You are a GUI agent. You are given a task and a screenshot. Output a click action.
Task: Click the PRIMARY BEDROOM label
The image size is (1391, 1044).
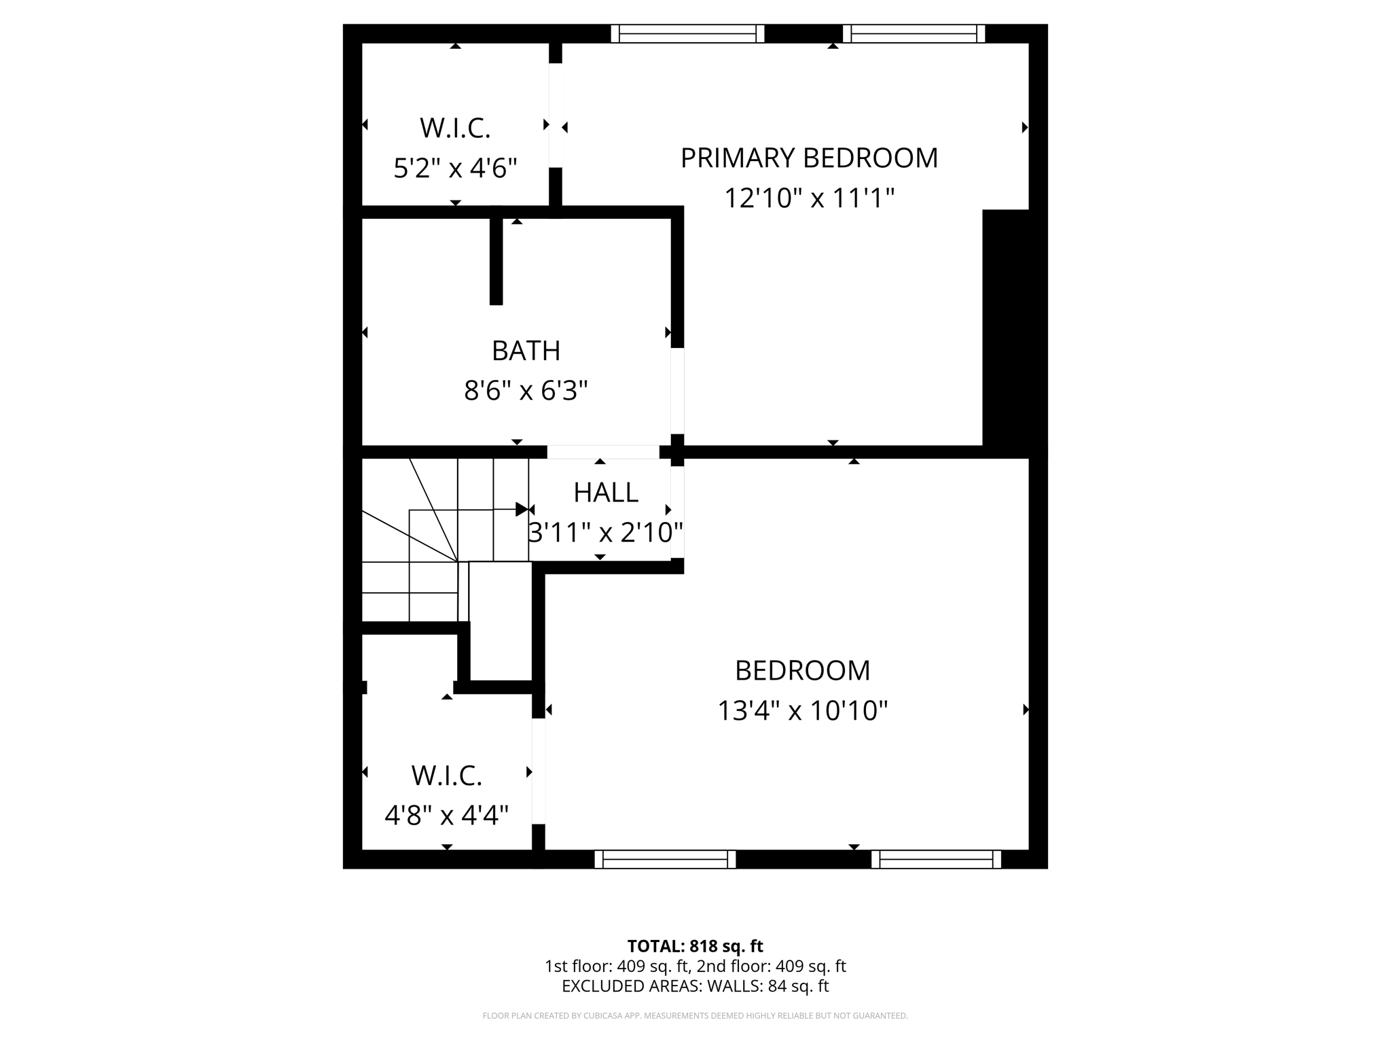click(x=809, y=158)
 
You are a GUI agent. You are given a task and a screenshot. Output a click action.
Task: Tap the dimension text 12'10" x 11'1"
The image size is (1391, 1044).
click(x=809, y=198)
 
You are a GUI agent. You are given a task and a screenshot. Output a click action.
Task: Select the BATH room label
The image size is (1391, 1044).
click(x=526, y=351)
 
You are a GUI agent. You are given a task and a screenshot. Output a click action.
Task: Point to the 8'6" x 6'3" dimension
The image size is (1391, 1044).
click(x=526, y=391)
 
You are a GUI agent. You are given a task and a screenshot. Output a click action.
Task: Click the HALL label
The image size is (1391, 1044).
click(x=605, y=492)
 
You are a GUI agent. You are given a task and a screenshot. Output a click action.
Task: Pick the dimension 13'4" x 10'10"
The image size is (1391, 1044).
click(x=802, y=711)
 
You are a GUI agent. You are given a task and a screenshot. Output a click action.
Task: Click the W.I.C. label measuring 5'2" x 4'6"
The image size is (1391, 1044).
click(x=455, y=128)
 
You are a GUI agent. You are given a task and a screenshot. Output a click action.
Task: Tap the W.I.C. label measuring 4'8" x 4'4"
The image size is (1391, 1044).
click(x=446, y=775)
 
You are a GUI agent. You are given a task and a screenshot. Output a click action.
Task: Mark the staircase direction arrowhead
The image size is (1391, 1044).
click(x=522, y=509)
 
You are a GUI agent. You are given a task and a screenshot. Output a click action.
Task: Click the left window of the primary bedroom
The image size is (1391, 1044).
click(x=687, y=33)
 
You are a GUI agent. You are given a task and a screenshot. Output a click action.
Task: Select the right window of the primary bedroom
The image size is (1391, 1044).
click(x=914, y=33)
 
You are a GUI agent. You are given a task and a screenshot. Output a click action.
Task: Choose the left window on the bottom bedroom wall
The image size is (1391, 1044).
click(x=665, y=859)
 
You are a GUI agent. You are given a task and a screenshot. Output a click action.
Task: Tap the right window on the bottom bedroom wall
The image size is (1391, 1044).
click(x=936, y=859)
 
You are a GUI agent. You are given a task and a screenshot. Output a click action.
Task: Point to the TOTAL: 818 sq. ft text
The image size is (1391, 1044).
click(x=695, y=946)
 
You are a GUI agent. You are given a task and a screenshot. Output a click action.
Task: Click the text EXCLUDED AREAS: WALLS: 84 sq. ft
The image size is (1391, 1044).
click(x=695, y=986)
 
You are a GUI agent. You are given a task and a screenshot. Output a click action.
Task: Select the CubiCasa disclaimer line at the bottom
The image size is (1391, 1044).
click(x=695, y=1015)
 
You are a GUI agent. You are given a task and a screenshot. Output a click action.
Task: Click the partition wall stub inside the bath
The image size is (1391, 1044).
click(x=496, y=260)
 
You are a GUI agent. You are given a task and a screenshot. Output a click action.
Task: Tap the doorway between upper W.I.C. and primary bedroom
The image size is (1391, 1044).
click(x=556, y=116)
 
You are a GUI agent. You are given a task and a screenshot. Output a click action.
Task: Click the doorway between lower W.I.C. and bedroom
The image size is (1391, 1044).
click(x=539, y=771)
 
